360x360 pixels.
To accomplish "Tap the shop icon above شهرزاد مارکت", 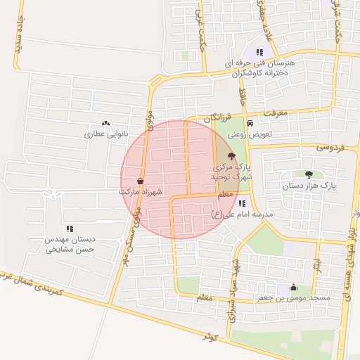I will click(x=141, y=181).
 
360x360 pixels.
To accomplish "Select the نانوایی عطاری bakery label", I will click(x=104, y=133).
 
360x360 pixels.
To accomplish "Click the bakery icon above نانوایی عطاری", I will click(x=106, y=123).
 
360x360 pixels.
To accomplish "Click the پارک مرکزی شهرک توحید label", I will click(x=231, y=170).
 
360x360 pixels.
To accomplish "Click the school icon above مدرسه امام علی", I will click(x=243, y=202).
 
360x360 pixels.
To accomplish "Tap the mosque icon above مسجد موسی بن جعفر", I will click(x=293, y=288).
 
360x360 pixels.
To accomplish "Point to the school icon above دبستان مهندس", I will click(x=70, y=229).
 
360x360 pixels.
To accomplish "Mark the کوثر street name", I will click(x=208, y=337).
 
